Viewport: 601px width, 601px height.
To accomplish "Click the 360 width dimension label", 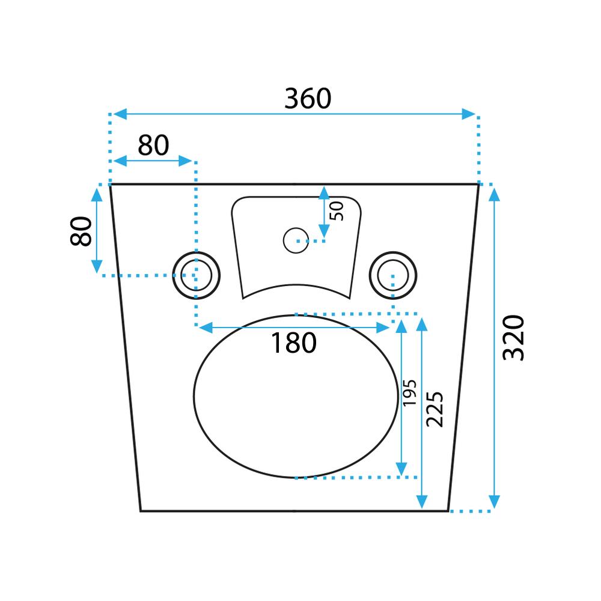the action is [308, 99].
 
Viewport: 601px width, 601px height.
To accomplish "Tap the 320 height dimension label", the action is [513, 338].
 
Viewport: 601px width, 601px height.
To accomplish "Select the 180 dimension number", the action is [294, 343].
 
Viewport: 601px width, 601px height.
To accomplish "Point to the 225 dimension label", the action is [435, 409].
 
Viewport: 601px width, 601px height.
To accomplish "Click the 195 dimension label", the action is [409, 393].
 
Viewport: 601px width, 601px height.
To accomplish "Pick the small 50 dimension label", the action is [337, 211].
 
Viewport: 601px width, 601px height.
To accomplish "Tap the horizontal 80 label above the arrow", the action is [153, 145].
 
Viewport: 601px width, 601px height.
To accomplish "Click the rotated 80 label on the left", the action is [81, 231].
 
